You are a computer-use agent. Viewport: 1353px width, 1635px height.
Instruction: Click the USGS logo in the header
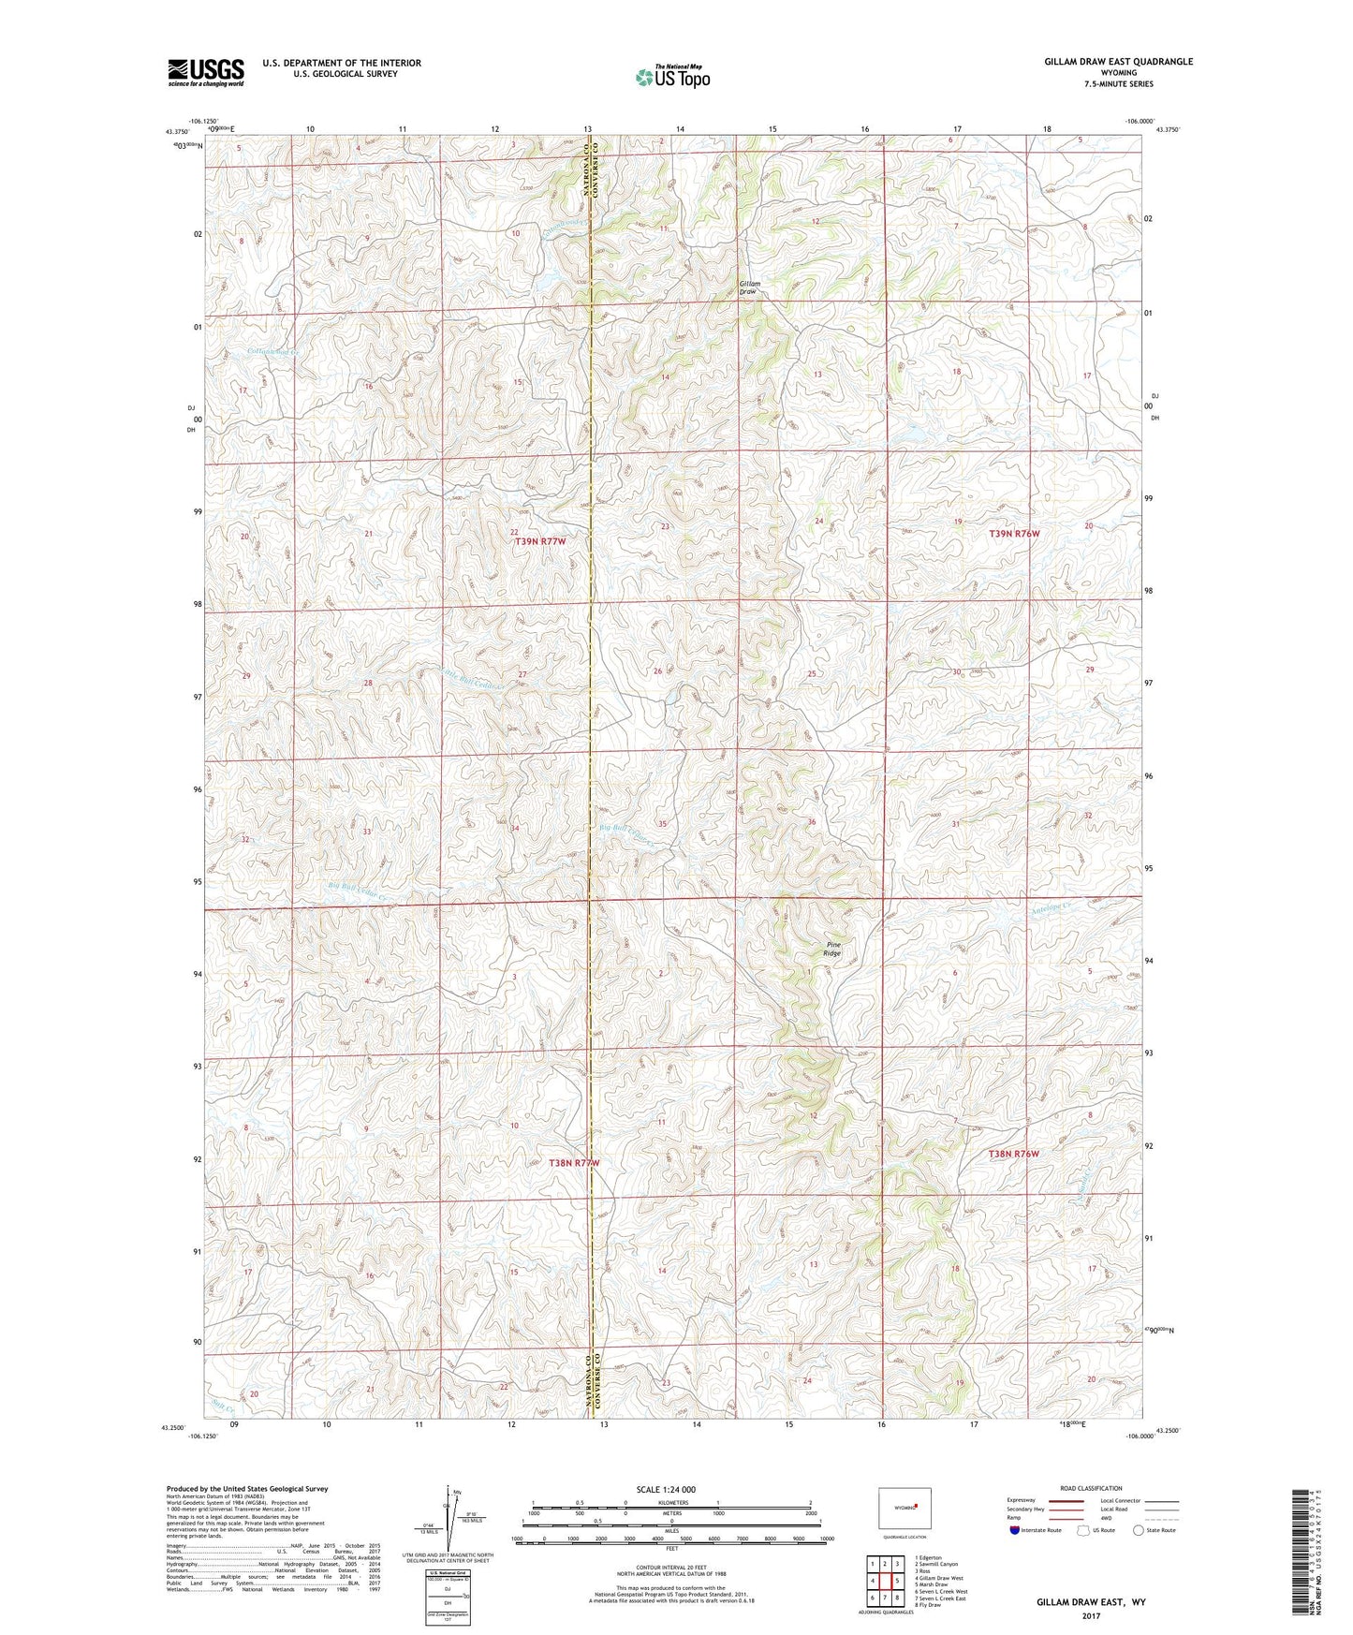pyautogui.click(x=206, y=72)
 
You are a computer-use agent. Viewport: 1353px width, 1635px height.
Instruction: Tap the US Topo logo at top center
pyautogui.click(x=671, y=77)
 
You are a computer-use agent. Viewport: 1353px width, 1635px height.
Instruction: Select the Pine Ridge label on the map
pyautogui.click(x=831, y=949)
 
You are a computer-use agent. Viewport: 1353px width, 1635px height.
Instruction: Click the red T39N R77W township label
pyautogui.click(x=540, y=542)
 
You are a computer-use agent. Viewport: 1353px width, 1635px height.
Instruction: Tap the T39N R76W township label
pyautogui.click(x=1014, y=534)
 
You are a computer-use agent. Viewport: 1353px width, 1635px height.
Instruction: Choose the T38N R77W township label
pyautogui.click(x=573, y=1162)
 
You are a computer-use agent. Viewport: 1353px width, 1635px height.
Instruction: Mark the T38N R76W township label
pyautogui.click(x=1013, y=1154)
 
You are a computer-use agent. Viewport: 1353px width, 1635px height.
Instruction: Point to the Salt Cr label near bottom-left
pyautogui.click(x=222, y=1405)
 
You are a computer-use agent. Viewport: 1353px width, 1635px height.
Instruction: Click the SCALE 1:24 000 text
pyautogui.click(x=665, y=1489)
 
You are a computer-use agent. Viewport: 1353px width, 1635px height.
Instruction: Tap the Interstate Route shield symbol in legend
pyautogui.click(x=1015, y=1530)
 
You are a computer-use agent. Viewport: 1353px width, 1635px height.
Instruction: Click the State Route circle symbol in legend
pyautogui.click(x=1138, y=1530)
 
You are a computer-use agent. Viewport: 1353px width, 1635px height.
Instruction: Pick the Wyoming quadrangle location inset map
pyautogui.click(x=904, y=1510)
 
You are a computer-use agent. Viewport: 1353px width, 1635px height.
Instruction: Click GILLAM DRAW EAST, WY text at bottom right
pyautogui.click(x=1091, y=1602)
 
